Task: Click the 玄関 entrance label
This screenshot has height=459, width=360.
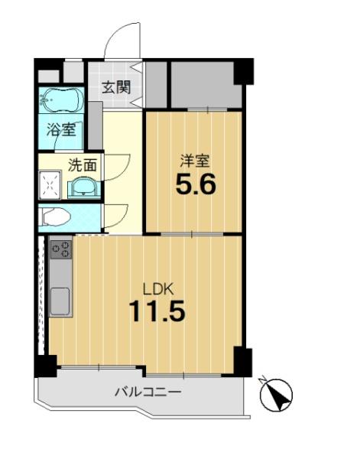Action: pyautogui.click(x=116, y=87)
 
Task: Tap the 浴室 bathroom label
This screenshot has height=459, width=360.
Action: pyautogui.click(x=61, y=129)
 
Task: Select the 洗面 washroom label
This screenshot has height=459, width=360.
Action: pyautogui.click(x=83, y=165)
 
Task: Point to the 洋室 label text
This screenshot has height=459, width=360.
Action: pyautogui.click(x=195, y=161)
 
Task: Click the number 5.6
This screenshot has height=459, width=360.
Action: pyautogui.click(x=196, y=184)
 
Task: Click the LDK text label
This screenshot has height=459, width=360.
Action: pyautogui.click(x=158, y=288)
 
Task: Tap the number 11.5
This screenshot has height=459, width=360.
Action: pyautogui.click(x=157, y=311)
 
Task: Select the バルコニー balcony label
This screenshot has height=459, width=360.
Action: pyautogui.click(x=148, y=391)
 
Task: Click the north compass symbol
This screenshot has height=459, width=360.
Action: pyautogui.click(x=276, y=394)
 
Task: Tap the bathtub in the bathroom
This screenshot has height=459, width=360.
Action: pyautogui.click(x=61, y=99)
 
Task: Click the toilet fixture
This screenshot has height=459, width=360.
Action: pyautogui.click(x=56, y=217)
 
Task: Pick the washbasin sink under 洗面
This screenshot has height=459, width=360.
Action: pyautogui.click(x=84, y=187)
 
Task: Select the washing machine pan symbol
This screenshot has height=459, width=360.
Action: pyautogui.click(x=50, y=185)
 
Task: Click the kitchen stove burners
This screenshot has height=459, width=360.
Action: pyautogui.click(x=61, y=249)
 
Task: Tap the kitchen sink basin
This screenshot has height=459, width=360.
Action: pyautogui.click(x=60, y=301)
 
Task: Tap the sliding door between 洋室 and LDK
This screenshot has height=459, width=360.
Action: pyautogui.click(x=192, y=234)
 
